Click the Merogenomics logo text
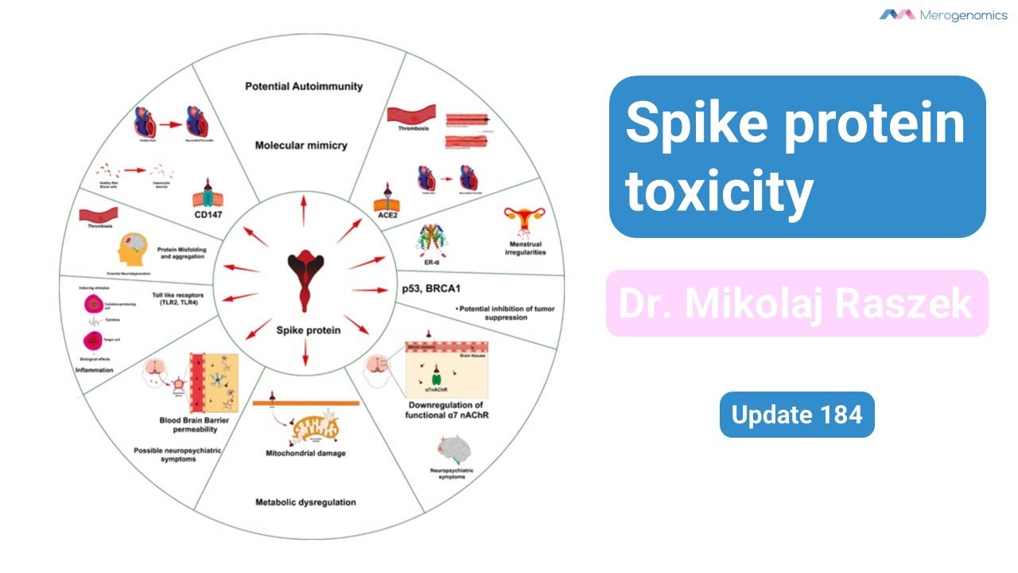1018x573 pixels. (952, 15)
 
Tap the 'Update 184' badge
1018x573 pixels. (797, 415)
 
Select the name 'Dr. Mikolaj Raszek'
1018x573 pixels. (796, 303)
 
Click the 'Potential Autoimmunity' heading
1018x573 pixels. (304, 86)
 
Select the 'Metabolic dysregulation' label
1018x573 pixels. (305, 502)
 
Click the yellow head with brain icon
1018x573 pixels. (133, 252)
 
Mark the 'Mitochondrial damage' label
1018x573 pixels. (305, 454)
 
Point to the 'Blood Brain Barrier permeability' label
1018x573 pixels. (188, 425)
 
